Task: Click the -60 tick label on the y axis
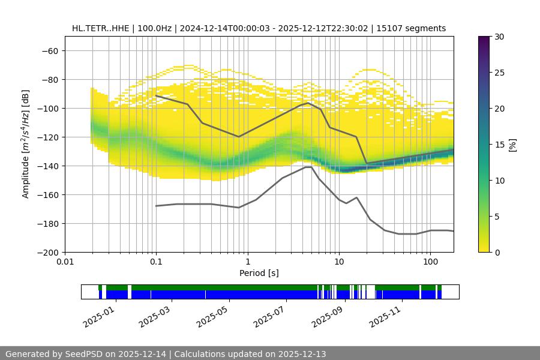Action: tap(50, 50)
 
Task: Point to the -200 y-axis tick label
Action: tap(47, 252)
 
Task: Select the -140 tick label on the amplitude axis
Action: tap(47, 166)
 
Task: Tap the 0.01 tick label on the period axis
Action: tap(65, 262)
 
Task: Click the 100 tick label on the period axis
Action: tap(430, 262)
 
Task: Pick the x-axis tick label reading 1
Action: tap(247, 262)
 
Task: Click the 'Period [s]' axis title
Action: tap(259, 273)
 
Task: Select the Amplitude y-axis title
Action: tap(26, 144)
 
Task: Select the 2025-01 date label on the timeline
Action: tap(98, 315)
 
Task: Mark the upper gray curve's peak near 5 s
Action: tap(308, 103)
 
